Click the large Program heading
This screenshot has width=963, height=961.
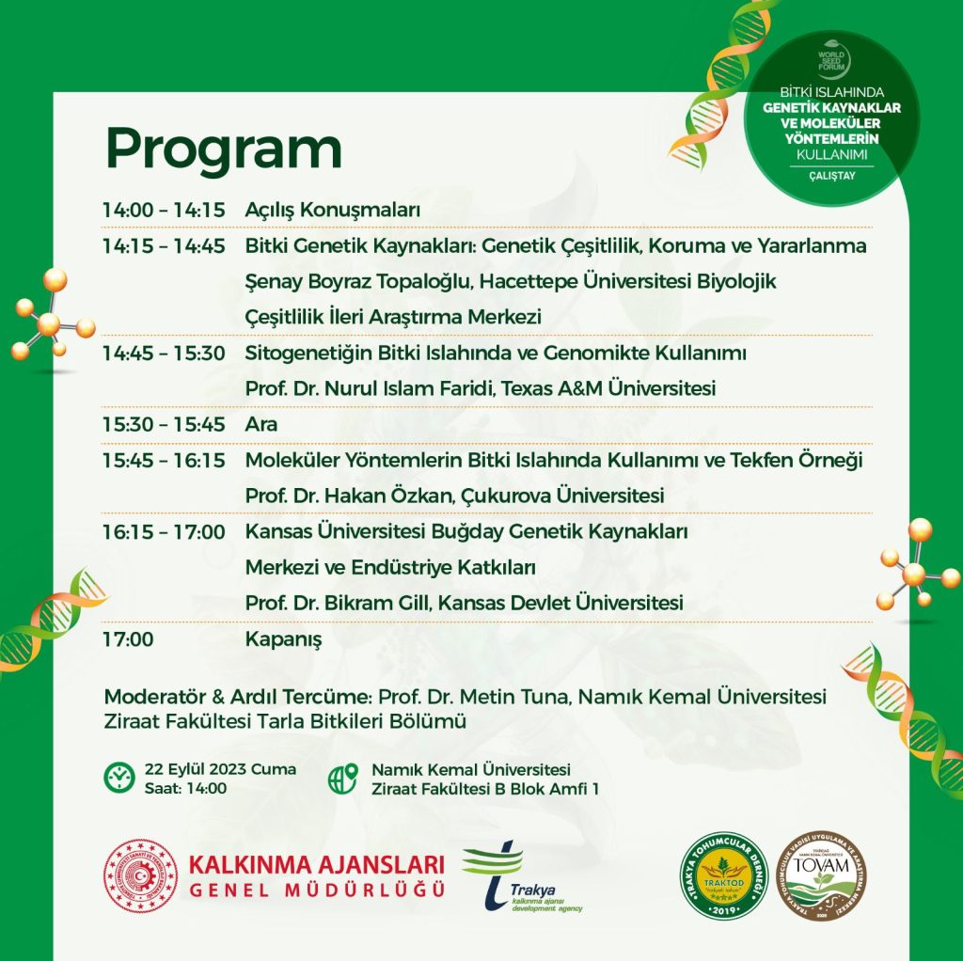point(223,148)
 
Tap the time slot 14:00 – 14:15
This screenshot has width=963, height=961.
point(164,210)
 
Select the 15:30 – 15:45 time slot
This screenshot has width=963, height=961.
point(164,424)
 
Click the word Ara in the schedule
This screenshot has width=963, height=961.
point(261,424)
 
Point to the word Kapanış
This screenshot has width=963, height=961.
point(283,640)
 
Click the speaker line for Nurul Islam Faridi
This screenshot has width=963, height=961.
point(480,387)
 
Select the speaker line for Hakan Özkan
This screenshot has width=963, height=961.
point(454,495)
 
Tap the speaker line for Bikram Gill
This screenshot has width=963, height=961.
point(464,603)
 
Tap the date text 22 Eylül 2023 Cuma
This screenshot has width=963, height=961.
point(220,769)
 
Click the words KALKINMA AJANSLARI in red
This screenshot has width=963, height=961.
point(316,863)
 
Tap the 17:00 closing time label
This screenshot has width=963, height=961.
point(128,640)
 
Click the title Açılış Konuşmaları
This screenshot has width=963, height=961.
point(332,210)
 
